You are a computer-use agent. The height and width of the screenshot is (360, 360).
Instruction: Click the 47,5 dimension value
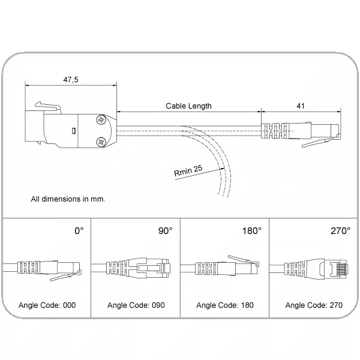click(71, 79)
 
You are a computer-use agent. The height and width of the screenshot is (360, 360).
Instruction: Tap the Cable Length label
click(188, 106)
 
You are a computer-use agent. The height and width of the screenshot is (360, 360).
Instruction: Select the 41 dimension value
click(301, 106)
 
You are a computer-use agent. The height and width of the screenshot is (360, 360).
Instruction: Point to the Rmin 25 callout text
click(188, 170)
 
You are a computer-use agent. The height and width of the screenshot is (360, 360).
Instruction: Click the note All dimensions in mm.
click(68, 199)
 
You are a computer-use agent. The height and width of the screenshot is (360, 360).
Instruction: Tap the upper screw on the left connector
click(101, 120)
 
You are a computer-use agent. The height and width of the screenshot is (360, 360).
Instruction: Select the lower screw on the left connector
click(101, 142)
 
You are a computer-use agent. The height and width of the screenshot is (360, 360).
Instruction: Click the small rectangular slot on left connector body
click(73, 131)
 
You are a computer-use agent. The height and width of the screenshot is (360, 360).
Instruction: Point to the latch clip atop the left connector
click(48, 107)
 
